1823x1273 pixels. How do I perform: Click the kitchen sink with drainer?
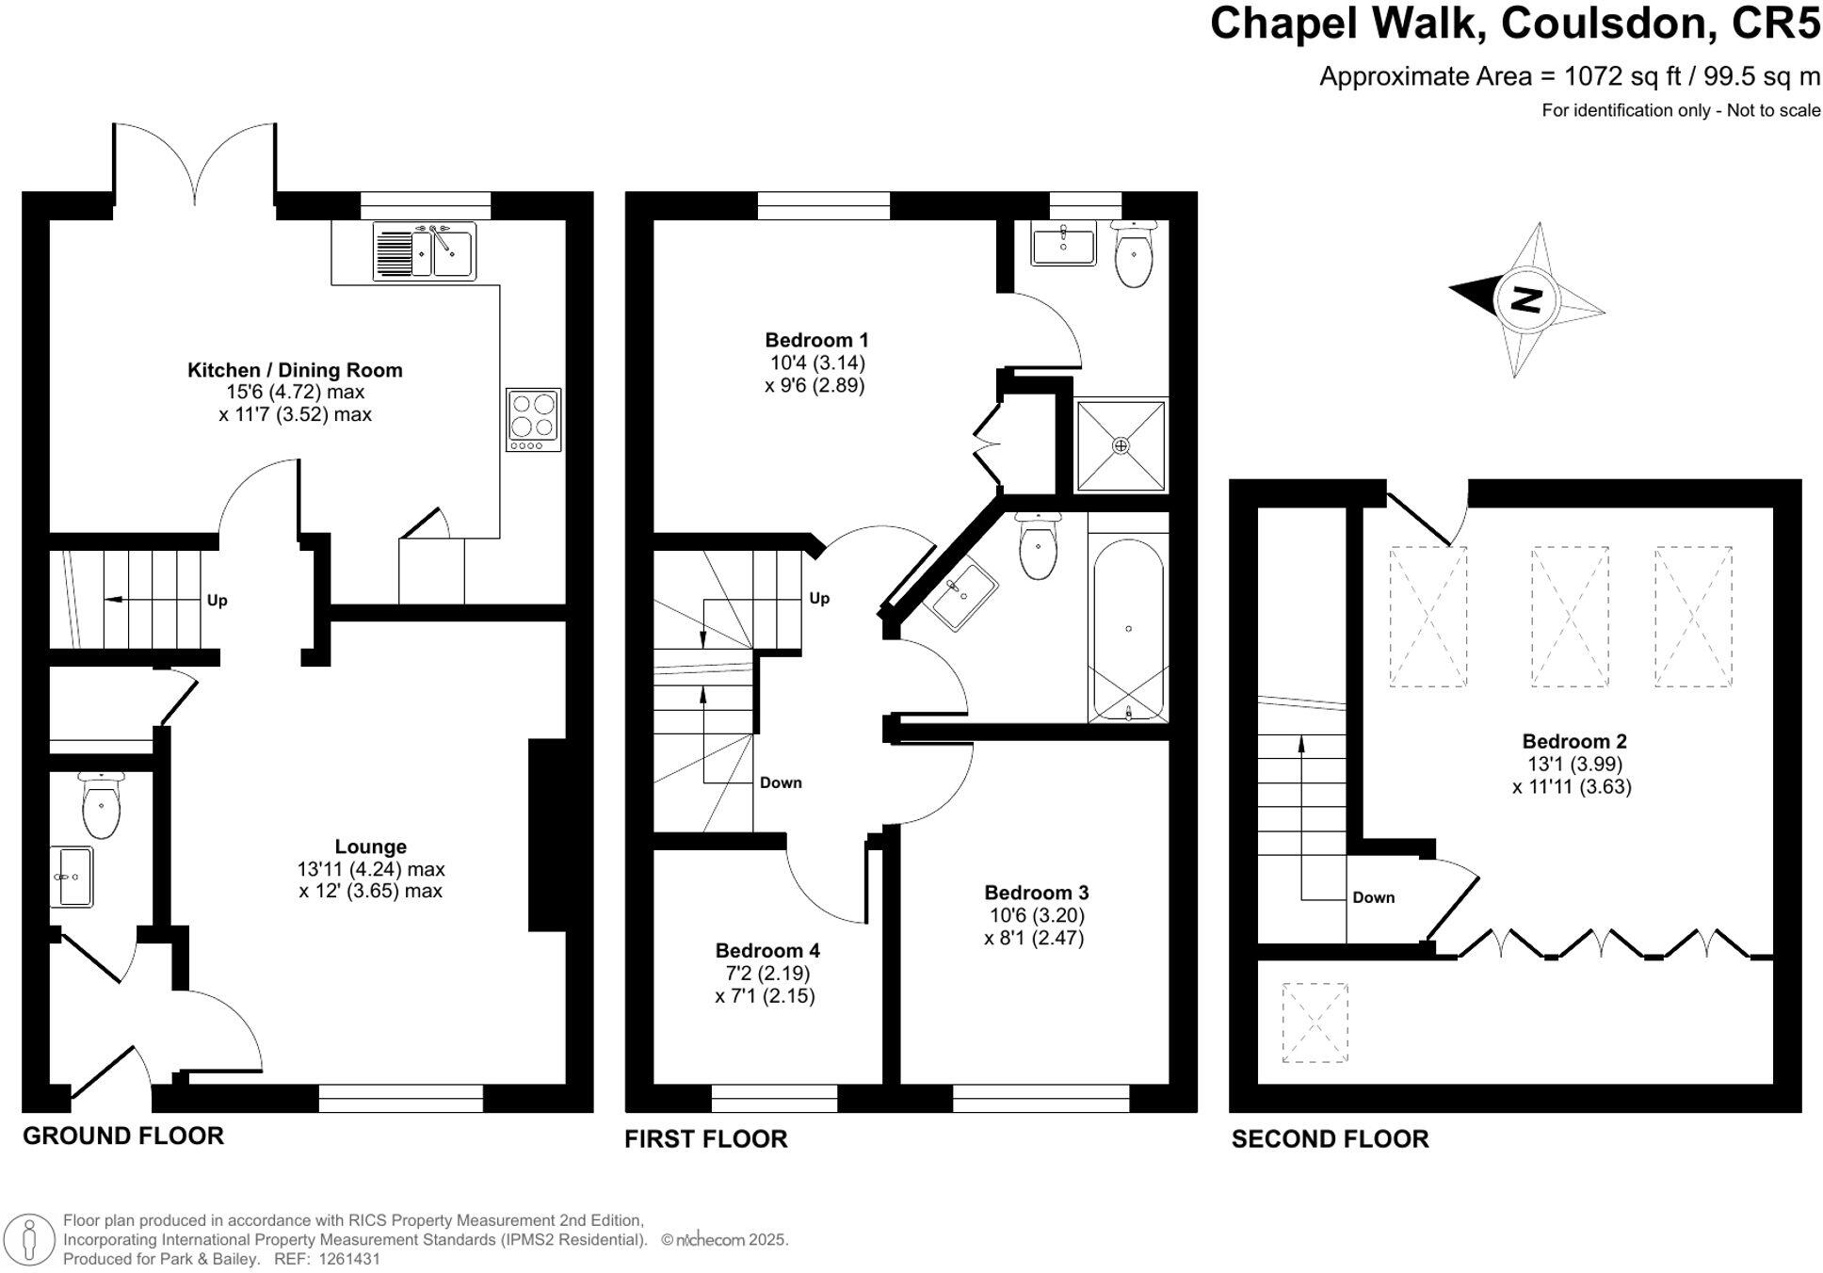pos(425,250)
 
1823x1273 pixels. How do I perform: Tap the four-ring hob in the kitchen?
pos(533,419)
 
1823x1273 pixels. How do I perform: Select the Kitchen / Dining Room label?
pos(295,370)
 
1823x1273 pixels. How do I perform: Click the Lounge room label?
pos(371,846)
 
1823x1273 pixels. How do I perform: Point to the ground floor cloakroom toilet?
pos(101,805)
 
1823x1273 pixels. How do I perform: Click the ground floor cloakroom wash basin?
pos(72,877)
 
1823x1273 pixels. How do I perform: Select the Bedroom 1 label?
pos(816,340)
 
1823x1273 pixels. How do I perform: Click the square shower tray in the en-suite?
pos(1121,445)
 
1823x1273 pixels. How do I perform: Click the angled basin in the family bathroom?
pos(964,593)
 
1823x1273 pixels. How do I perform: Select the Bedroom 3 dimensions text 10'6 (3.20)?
pos(1036,915)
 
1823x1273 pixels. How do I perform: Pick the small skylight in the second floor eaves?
pos(1315,1023)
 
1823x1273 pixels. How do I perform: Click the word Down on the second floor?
pos(1374,897)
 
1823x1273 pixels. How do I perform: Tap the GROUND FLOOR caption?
pos(123,1136)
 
